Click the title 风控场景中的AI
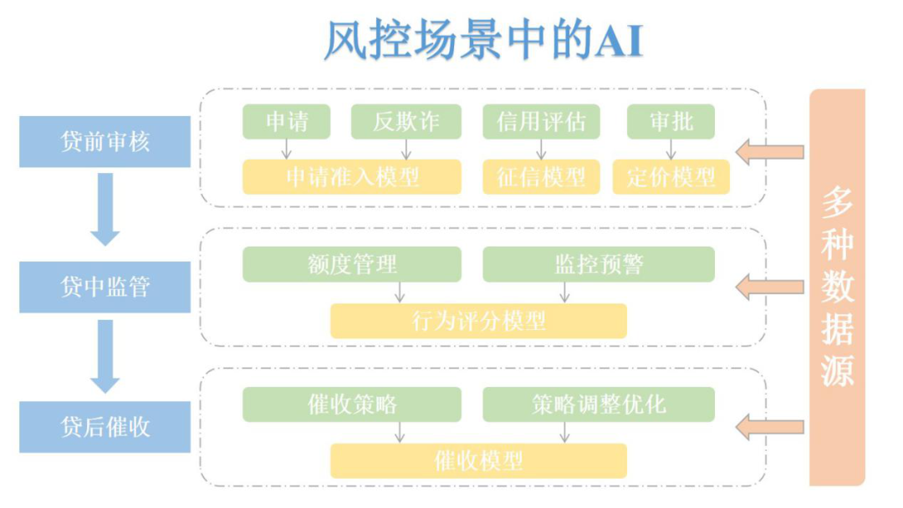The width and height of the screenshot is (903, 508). click(x=482, y=41)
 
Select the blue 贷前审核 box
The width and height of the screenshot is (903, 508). click(x=105, y=142)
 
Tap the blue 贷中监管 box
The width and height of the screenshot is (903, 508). click(x=105, y=287)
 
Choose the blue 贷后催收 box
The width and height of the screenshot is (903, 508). click(x=105, y=427)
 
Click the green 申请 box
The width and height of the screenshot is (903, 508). click(x=287, y=122)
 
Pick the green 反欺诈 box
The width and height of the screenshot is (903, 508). click(x=406, y=122)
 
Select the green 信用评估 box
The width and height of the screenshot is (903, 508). click(x=541, y=122)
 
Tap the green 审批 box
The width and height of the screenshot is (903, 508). click(x=671, y=122)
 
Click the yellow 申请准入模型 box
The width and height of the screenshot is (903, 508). click(x=352, y=177)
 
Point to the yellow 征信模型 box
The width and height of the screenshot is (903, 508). click(x=541, y=177)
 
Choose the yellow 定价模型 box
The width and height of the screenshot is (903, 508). click(x=671, y=177)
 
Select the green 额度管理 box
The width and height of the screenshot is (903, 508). click(x=352, y=265)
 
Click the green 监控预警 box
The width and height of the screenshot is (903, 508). click(x=599, y=265)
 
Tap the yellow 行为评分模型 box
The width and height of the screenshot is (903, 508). click(x=478, y=321)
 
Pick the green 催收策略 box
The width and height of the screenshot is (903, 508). click(x=352, y=404)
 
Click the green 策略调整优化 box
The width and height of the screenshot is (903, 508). click(x=599, y=404)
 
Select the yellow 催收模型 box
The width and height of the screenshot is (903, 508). click(x=478, y=460)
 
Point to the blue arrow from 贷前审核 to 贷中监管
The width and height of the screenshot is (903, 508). click(x=105, y=209)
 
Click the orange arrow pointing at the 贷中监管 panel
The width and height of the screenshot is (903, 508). click(x=769, y=288)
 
